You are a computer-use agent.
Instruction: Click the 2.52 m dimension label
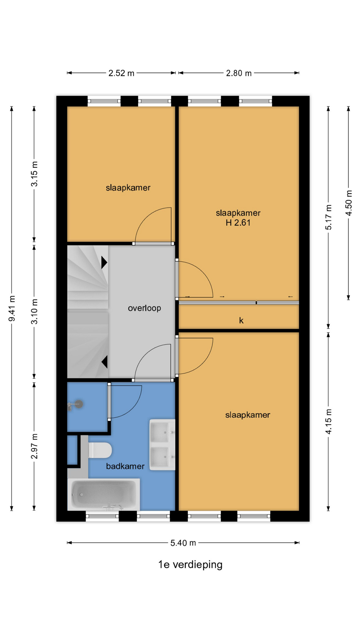pyautogui.click(x=121, y=73)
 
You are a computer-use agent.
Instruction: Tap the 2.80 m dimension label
pyautogui.click(x=239, y=73)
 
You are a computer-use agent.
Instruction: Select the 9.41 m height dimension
pyautogui.click(x=12, y=309)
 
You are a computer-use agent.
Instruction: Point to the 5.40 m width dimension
pyautogui.click(x=183, y=543)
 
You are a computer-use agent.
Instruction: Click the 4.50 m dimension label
pyautogui.click(x=349, y=203)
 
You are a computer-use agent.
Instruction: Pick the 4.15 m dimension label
pyautogui.click(x=328, y=421)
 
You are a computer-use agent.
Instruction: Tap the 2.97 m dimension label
pyautogui.click(x=34, y=446)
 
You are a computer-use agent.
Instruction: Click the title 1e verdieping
pyautogui.click(x=190, y=564)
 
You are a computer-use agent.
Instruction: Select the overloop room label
pyautogui.click(x=144, y=308)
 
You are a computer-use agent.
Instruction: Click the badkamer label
pyautogui.click(x=125, y=466)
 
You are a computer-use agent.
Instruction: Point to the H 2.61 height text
pyautogui.click(x=238, y=223)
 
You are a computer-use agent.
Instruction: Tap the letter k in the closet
pyautogui.click(x=241, y=320)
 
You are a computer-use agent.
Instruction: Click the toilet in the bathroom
pyautogui.click(x=100, y=450)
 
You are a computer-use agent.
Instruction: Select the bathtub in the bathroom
pyautogui.click(x=104, y=494)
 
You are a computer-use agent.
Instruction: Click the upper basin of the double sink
pyautogui.click(x=162, y=432)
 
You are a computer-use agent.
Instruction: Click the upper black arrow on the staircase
pyautogui.click(x=104, y=262)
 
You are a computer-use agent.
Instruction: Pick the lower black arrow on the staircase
pyautogui.click(x=104, y=362)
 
